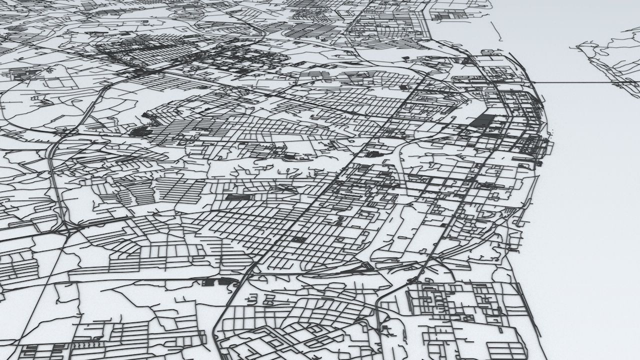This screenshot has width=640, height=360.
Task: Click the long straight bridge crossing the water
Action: pyautogui.click(x=575, y=81)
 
